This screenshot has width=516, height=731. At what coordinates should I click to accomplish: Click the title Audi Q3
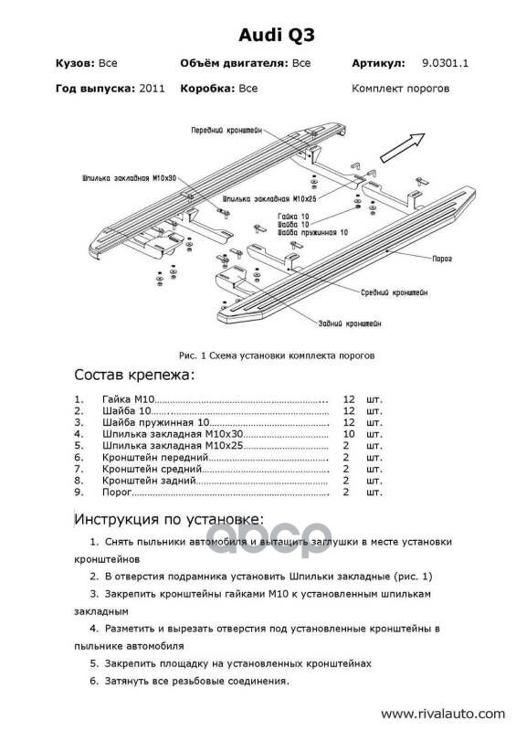pos(277,36)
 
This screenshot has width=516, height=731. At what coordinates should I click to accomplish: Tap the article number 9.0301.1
pos(445,63)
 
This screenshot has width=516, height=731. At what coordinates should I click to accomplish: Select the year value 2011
pos(152,89)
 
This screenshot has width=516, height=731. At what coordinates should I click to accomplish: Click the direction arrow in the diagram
pos(403,147)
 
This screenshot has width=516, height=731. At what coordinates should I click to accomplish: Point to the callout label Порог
pos(442,259)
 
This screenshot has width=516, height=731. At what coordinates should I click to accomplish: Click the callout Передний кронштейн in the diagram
pos(226,131)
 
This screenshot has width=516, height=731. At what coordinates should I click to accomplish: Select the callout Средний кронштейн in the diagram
pos(395,292)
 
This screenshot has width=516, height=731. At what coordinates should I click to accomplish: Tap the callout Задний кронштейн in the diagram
pos(350,323)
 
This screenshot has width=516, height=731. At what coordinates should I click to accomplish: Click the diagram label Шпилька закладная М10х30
pos(130,178)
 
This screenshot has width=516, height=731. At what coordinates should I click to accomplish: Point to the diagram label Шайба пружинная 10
pos(312,232)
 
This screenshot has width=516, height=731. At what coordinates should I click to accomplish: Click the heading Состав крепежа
pos(134,375)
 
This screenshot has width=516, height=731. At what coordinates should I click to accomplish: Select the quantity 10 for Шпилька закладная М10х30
pos(349,434)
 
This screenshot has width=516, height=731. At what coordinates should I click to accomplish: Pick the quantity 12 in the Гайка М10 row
pos(349,399)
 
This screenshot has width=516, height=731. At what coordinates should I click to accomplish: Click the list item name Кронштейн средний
pos(152,469)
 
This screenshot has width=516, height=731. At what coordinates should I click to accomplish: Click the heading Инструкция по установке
pos(169,519)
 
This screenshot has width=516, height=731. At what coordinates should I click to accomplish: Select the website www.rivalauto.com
pos(442,714)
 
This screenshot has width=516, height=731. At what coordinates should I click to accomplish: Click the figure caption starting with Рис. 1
pos(277,355)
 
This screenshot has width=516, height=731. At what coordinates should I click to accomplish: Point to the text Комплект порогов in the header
pos(400,89)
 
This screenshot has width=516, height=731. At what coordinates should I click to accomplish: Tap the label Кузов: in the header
pos(76,63)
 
